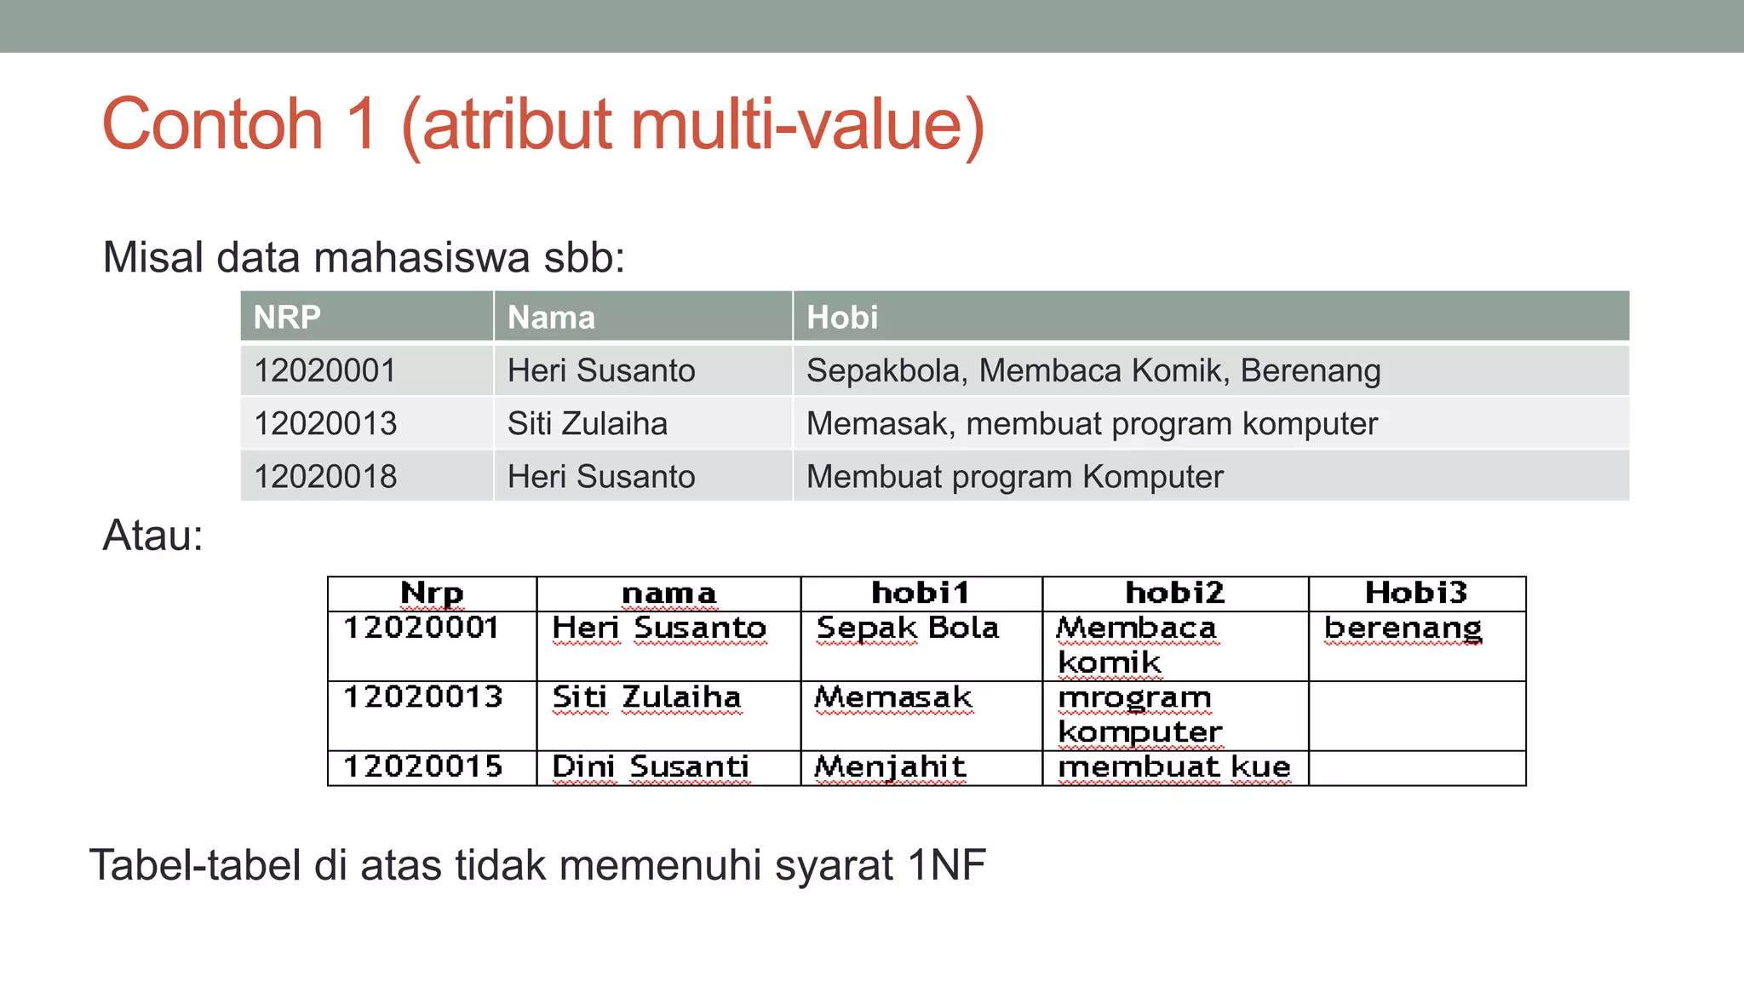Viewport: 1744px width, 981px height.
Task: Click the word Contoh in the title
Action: tap(212, 124)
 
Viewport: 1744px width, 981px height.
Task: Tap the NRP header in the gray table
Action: tap(287, 318)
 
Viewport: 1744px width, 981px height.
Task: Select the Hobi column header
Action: tap(841, 318)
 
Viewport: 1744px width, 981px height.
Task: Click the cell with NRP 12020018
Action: tap(325, 476)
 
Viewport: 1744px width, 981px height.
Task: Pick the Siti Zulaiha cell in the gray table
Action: tap(587, 423)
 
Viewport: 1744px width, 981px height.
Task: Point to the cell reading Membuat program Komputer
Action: tap(1014, 476)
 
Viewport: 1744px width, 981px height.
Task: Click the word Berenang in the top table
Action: tap(1310, 371)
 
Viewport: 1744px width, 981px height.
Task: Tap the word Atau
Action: tap(152, 536)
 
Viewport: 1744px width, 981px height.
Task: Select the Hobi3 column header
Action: tap(1415, 593)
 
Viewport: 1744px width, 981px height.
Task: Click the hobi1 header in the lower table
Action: tap(920, 593)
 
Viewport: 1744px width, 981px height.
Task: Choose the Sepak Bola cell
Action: tap(907, 628)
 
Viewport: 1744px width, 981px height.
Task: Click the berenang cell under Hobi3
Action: tap(1403, 628)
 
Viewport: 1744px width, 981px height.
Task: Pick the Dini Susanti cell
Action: tap(651, 767)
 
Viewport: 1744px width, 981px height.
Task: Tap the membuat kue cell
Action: tap(1173, 767)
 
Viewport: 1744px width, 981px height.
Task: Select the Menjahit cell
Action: tap(890, 767)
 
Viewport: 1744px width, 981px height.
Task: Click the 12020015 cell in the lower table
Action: tap(422, 767)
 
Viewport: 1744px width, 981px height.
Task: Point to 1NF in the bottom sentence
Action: tap(946, 865)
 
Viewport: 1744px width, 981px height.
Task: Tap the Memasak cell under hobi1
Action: tap(892, 697)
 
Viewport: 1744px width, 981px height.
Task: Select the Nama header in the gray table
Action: tap(551, 318)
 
